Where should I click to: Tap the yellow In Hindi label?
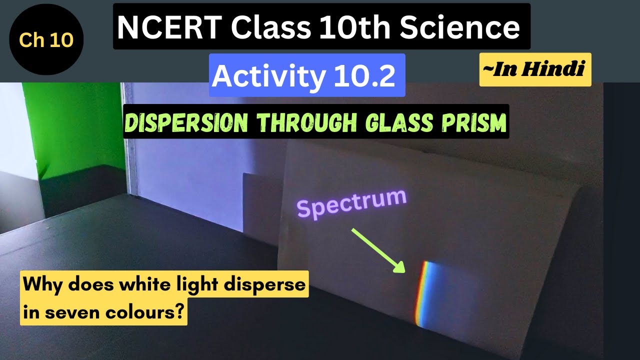535,69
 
